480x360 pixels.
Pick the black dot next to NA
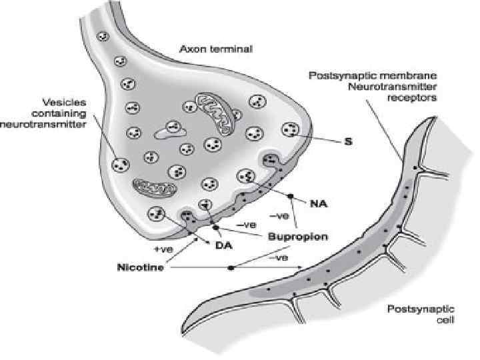pyautogui.click(x=291, y=197)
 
